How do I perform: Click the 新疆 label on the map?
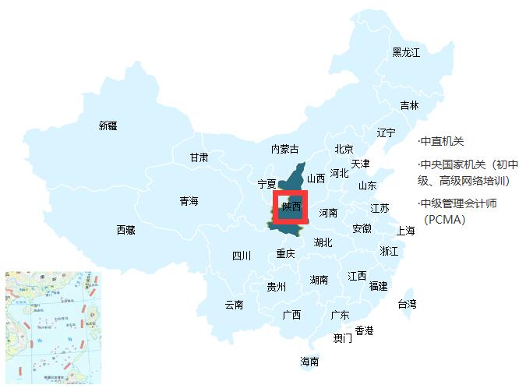pyautogui.click(x=108, y=125)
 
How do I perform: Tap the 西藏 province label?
pyautogui.click(x=126, y=230)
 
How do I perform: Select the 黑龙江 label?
pyautogui.click(x=406, y=52)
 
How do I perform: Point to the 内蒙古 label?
pyautogui.click(x=284, y=149)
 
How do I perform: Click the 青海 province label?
pyautogui.click(x=189, y=201)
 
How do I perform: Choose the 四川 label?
pyautogui.click(x=242, y=256)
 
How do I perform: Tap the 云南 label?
pyautogui.click(x=234, y=305)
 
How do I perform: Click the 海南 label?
pyautogui.click(x=309, y=362)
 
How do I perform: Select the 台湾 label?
pyautogui.click(x=407, y=303)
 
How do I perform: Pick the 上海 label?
pyautogui.click(x=405, y=231)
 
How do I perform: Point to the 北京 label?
pyautogui.click(x=344, y=149)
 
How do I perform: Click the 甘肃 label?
pyautogui.click(x=199, y=157)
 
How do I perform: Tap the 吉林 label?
pyautogui.click(x=409, y=105)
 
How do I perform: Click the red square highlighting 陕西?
pyautogui.click(x=291, y=207)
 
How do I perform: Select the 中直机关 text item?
pyautogui.click(x=441, y=141)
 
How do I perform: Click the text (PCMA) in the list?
pyautogui.click(x=445, y=220)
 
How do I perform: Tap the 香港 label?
pyautogui.click(x=364, y=330)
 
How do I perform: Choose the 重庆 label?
pyautogui.click(x=286, y=254)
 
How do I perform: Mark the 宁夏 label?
pyautogui.click(x=267, y=185)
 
